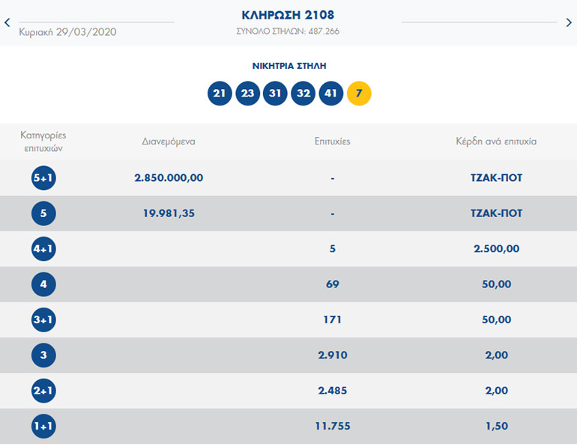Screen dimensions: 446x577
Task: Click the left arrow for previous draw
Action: click(x=7, y=22)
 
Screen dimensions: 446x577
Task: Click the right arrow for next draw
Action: click(x=569, y=22)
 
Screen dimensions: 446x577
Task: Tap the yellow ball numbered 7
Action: click(x=359, y=94)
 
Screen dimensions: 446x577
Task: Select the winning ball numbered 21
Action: click(x=220, y=94)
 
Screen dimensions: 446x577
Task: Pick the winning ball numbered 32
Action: click(x=303, y=94)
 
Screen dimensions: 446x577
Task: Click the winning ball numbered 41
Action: click(x=330, y=94)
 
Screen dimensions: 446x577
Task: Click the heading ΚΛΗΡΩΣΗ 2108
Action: click(x=288, y=15)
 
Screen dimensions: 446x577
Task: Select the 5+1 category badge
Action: click(x=43, y=178)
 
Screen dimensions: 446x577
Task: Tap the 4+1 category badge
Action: click(x=43, y=249)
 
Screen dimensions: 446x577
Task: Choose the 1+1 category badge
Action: click(x=43, y=427)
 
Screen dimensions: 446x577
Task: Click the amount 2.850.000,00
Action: click(x=169, y=178)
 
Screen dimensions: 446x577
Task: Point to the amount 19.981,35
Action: click(x=169, y=213)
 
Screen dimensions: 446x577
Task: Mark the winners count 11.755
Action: click(x=333, y=427)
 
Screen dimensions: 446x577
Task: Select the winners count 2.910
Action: click(x=333, y=355)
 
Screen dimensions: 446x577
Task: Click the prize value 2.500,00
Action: click(x=497, y=249)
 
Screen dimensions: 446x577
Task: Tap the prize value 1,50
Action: click(x=497, y=427)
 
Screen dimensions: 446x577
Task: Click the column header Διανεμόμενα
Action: click(x=169, y=141)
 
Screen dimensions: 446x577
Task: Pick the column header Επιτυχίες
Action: click(x=333, y=141)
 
